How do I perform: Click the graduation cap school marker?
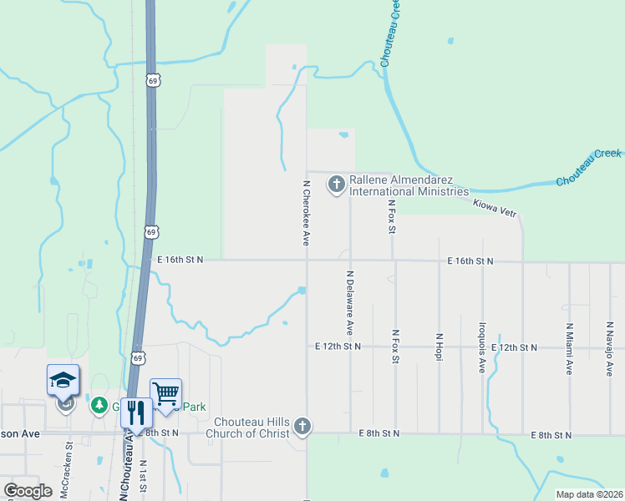tap(64, 381)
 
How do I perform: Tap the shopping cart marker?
tap(165, 393)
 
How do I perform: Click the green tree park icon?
tap(99, 405)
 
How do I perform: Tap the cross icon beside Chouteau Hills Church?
tap(302, 428)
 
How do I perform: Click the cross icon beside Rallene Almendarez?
tap(337, 184)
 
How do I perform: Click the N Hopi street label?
tap(439, 347)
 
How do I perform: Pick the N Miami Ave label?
tap(569, 350)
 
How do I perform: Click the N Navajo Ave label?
tap(611, 349)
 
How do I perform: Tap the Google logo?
tap(28, 491)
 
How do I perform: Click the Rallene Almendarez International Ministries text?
tap(409, 185)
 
